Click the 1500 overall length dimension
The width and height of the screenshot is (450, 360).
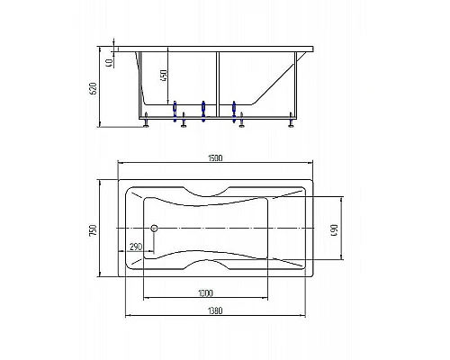(x=215, y=158)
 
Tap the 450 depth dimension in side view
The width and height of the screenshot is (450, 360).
(x=163, y=76)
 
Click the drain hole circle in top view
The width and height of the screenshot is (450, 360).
(x=153, y=229)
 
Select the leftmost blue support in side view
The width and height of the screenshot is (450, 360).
(x=175, y=108)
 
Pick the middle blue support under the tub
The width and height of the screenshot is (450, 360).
(x=204, y=108)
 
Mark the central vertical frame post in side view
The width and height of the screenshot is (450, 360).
(x=219, y=83)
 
